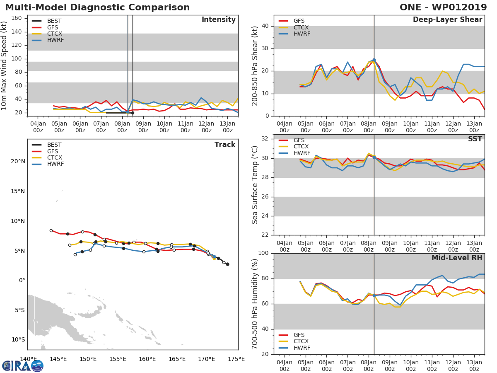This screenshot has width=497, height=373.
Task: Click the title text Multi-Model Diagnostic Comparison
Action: pos(97,7)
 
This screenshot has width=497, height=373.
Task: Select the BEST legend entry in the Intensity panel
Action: pos(54,21)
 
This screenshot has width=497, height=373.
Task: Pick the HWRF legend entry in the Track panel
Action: pos(55,164)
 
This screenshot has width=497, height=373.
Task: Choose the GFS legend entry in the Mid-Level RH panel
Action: pos(299,335)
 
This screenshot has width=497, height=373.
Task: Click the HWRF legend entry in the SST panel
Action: pos(301,153)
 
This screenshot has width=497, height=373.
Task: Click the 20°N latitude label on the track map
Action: pos(18,161)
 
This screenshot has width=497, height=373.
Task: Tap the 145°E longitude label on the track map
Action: pos(58,359)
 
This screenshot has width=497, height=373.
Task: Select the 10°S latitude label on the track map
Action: pos(18,339)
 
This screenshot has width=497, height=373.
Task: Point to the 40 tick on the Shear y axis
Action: pos(266,26)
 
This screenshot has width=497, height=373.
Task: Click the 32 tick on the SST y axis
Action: pos(266,139)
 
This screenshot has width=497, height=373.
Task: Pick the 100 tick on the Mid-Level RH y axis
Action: pos(263,253)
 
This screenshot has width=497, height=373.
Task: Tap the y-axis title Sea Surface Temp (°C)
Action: pos(255,185)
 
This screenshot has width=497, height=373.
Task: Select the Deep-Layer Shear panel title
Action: pos(447,20)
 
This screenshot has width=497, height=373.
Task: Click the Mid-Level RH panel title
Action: pos(456,258)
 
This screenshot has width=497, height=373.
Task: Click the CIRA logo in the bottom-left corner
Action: pos(23,366)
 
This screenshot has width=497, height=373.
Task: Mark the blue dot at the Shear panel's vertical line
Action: pos(374,60)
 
